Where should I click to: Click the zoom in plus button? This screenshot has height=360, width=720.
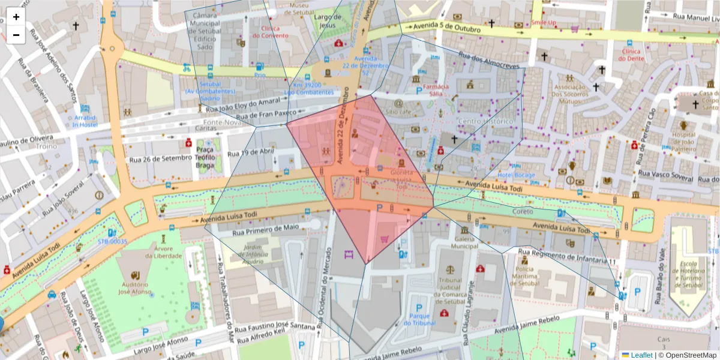[16, 17]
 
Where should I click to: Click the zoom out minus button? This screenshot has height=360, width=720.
[16, 35]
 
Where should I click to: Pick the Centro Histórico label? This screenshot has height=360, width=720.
[486, 121]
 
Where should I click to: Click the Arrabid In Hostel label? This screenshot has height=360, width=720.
[85, 121]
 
